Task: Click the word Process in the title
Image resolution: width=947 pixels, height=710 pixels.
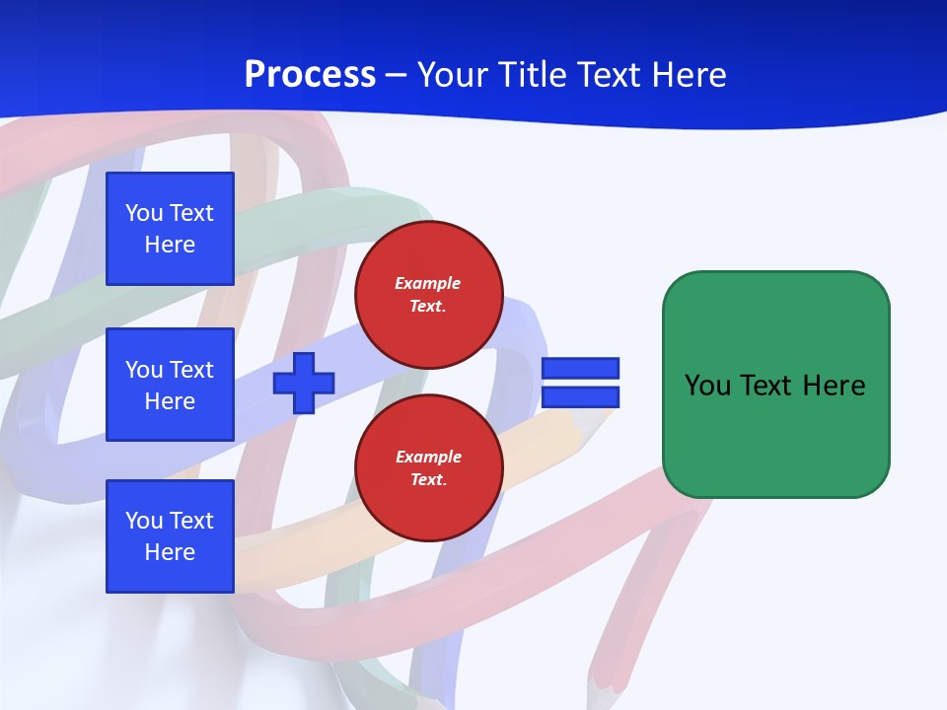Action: [310, 75]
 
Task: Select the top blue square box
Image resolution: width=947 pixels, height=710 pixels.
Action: [170, 229]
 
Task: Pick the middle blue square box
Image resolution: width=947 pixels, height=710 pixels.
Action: [170, 385]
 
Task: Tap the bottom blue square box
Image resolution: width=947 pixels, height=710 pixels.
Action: [170, 536]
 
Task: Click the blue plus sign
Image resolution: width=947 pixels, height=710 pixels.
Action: [304, 383]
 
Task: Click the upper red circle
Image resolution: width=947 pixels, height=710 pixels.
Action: [428, 295]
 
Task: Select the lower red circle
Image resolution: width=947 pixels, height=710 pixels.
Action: [428, 468]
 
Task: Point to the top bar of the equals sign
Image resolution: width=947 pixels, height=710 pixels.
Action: [580, 369]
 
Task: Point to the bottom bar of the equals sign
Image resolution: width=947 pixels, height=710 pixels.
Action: [580, 397]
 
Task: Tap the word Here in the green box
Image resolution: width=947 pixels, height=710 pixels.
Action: [834, 386]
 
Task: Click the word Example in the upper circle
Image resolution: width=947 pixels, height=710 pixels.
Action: [428, 283]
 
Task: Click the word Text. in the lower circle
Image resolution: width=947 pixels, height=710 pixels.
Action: [428, 480]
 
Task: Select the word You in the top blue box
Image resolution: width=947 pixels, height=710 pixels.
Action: [144, 213]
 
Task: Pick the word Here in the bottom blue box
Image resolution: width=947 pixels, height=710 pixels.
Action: [170, 552]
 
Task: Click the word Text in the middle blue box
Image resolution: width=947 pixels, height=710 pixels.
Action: [191, 370]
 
